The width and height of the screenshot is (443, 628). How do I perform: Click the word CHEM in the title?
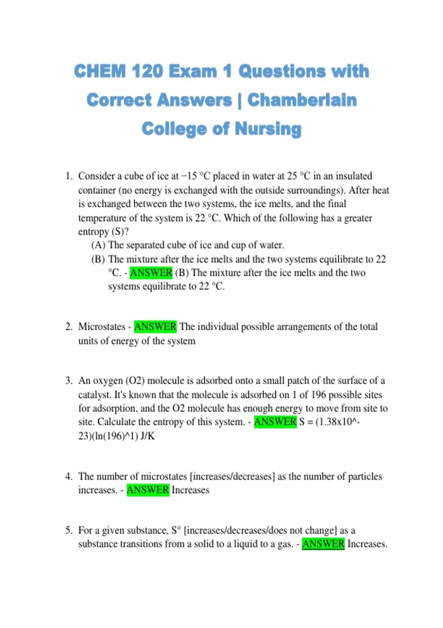100,71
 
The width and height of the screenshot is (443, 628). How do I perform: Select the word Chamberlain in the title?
302,100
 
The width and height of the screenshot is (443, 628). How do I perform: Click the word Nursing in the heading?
268,129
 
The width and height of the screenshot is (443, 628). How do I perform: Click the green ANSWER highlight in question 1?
151,273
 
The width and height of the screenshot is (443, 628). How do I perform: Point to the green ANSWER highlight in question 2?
155,327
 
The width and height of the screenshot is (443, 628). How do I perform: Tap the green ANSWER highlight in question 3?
275,422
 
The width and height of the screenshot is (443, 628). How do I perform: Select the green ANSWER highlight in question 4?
148,490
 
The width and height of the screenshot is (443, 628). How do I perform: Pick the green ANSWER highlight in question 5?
323,544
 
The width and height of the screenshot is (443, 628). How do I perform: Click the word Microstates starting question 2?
102,327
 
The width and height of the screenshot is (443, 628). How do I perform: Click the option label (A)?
98,245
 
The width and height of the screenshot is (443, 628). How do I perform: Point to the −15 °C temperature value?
195,176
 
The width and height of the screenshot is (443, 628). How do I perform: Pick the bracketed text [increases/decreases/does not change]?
260,530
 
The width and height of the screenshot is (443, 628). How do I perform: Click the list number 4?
69,477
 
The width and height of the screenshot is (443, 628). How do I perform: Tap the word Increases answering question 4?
190,490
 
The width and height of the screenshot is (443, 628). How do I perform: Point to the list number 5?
69,530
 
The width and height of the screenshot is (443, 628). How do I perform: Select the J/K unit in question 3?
148,436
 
